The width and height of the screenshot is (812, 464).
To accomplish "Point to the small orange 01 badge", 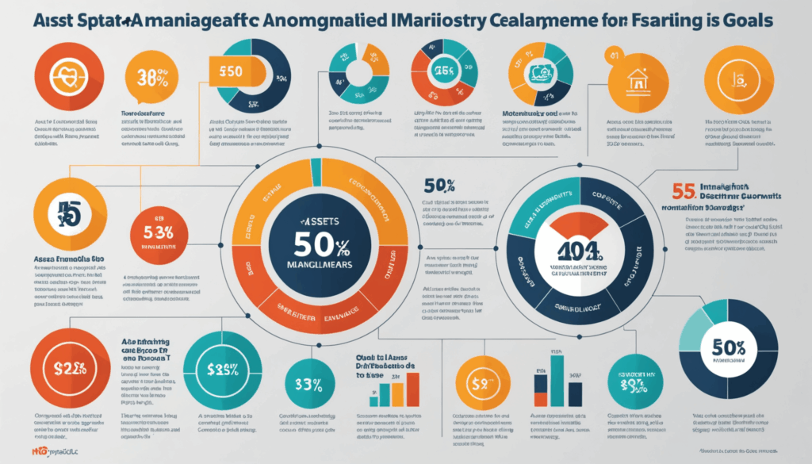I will pos(611,54).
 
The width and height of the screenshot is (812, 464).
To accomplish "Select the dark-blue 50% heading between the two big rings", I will pos(439,187).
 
